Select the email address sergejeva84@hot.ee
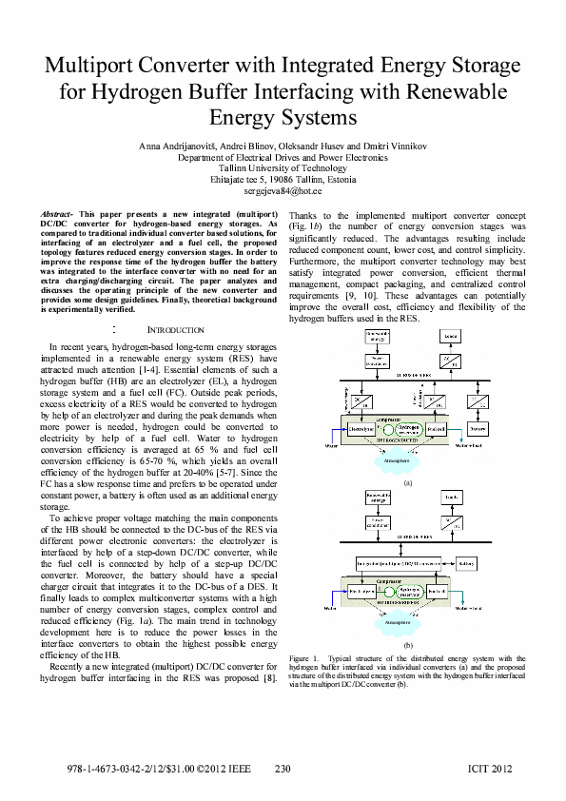pos(283,190)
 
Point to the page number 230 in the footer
pos(283,768)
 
